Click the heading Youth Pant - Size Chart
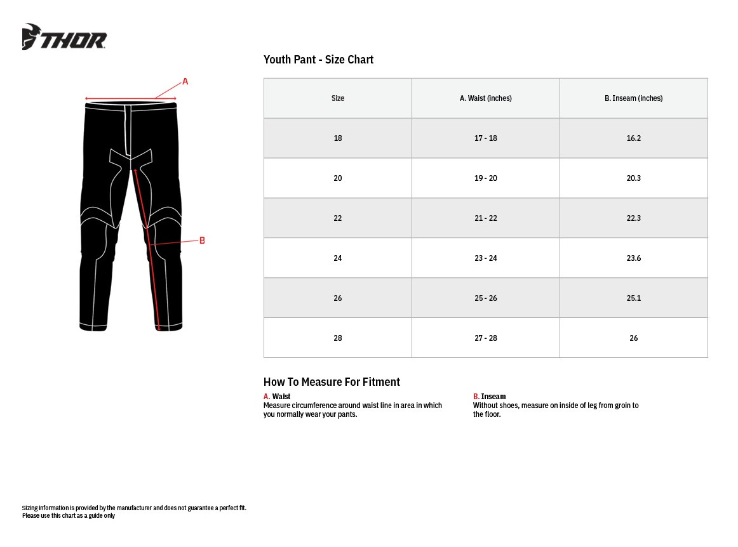point(318,60)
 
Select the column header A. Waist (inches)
point(485,98)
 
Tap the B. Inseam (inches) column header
point(633,98)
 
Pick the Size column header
point(338,98)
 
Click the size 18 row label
point(338,138)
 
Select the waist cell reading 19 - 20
point(485,178)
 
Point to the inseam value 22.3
point(633,218)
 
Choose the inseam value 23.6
point(633,258)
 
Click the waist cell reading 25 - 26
point(485,298)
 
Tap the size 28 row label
point(338,338)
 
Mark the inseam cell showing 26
point(633,338)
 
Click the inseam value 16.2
point(633,138)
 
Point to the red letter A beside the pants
point(185,82)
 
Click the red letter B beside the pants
point(202,241)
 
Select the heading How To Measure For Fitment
point(332,382)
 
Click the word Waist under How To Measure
point(281,397)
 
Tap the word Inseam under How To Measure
point(493,397)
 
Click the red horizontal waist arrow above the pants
point(130,99)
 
